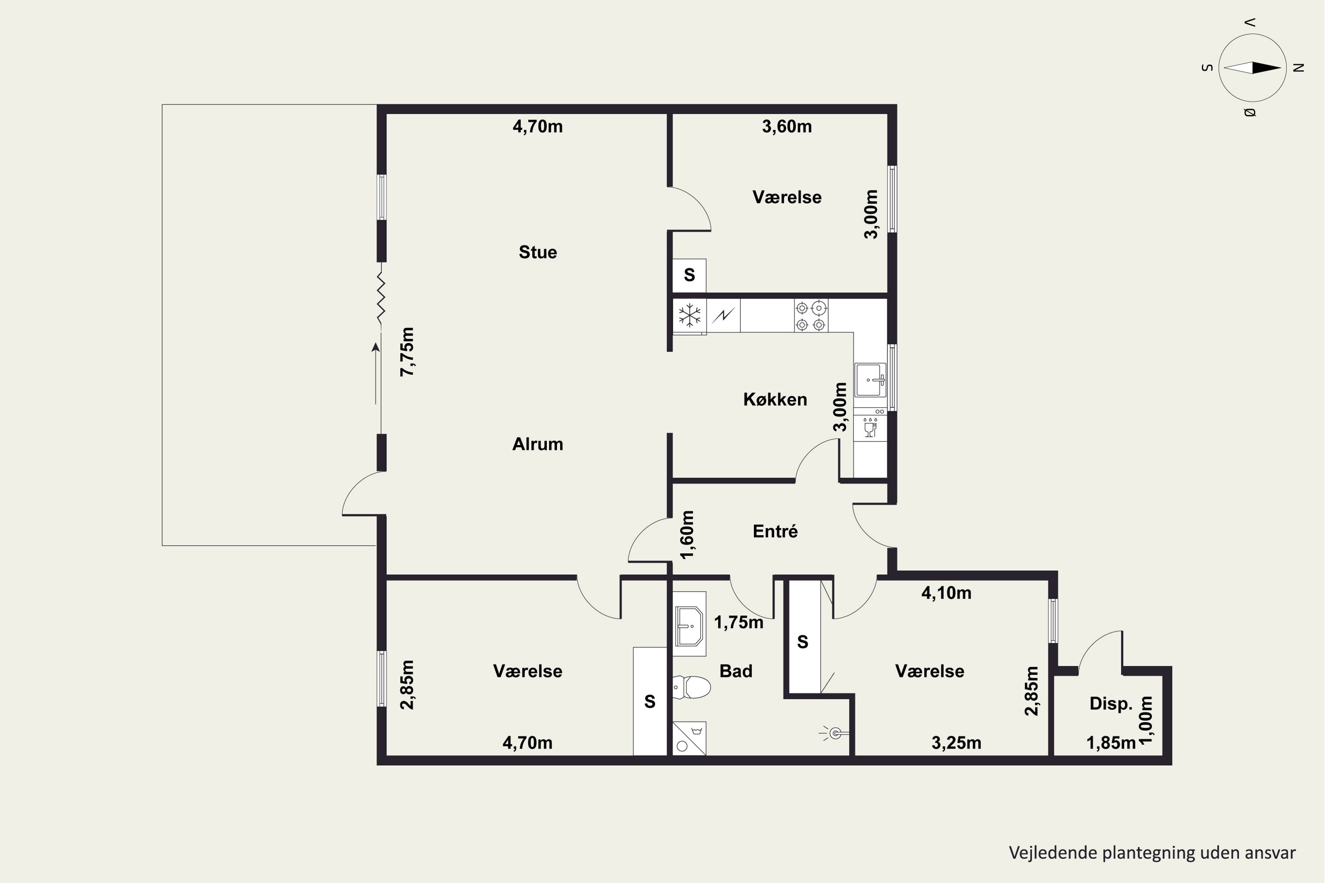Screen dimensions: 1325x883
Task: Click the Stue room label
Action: pos(538,252)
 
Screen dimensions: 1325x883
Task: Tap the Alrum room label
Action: pos(538,444)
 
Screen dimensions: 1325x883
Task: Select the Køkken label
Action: pos(775,399)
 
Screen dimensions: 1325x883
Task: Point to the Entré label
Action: pos(775,531)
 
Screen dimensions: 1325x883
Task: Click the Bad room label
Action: pos(736,671)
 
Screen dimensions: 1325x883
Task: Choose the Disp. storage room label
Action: pos(1110,703)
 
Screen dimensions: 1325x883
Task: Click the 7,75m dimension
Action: pos(407,352)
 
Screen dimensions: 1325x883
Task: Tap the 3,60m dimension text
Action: pos(787,127)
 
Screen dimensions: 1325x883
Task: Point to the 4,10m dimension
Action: pos(946,593)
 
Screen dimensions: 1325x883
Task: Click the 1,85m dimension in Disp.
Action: pos(1111,743)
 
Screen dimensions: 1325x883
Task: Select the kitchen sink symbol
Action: pos(871,380)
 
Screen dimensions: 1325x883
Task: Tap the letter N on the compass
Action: pos(1299,68)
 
